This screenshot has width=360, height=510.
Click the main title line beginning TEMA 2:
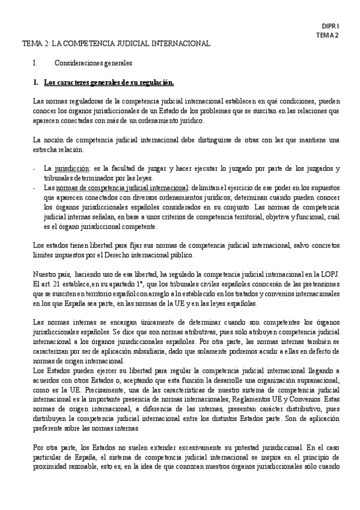(116, 44)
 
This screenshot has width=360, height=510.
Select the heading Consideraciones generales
(93, 63)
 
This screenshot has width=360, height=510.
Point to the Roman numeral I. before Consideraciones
(35, 63)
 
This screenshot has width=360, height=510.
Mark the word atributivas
(195, 332)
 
